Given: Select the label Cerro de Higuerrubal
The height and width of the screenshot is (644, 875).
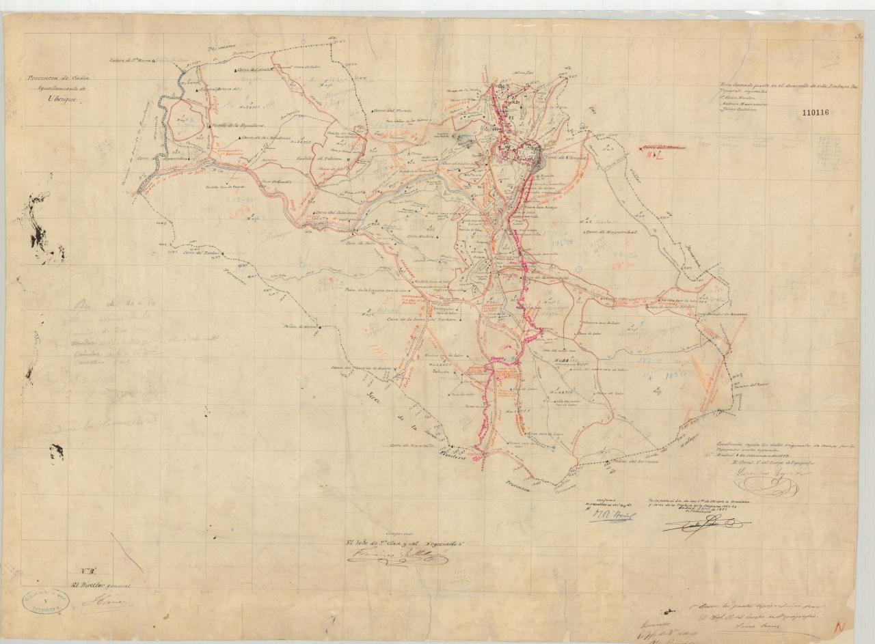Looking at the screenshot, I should [610, 232].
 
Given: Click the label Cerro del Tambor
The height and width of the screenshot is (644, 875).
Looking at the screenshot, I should [196, 252].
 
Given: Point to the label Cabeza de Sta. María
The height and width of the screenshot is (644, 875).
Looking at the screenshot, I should [131, 61].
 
